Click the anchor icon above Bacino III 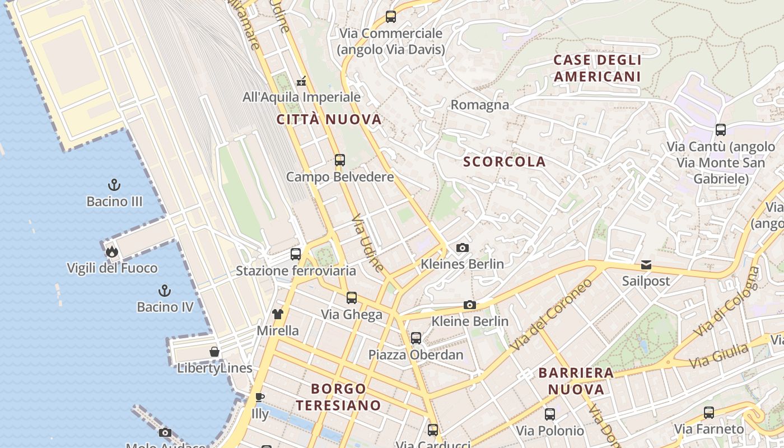coord(114,184)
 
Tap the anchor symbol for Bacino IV coord(165,290)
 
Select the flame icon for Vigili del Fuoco coord(112,251)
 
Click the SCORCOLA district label coord(504,162)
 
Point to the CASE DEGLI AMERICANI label coord(597,68)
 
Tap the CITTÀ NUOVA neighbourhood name coord(329,119)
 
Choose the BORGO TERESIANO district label coord(338,396)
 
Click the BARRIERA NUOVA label coord(576,381)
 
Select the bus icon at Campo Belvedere coord(339,160)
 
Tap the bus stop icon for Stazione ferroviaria coord(296,254)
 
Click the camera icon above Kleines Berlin coord(462,248)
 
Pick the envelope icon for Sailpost coord(646,264)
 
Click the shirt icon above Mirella coord(278,314)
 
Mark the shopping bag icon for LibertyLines coord(214,352)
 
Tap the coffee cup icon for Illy coord(259,397)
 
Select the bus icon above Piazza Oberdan coord(416,338)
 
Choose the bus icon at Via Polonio coord(550,414)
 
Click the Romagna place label coord(480,105)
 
